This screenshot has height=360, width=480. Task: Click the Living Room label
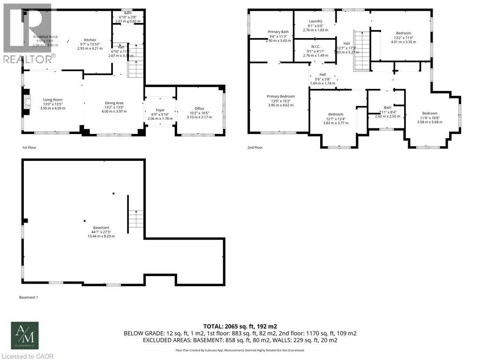click(x=52, y=99)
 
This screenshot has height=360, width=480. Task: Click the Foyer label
click(x=160, y=110)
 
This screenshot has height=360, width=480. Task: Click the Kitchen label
click(x=90, y=40)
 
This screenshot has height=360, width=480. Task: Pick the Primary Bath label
click(x=278, y=32)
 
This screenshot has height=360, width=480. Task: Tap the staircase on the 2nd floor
click(x=361, y=51)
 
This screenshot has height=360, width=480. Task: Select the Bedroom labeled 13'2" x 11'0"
click(x=403, y=33)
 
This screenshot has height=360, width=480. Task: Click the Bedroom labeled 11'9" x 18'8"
click(x=429, y=113)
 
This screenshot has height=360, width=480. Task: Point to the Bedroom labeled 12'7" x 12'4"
click(x=336, y=114)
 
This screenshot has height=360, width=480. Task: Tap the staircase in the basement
click(x=136, y=219)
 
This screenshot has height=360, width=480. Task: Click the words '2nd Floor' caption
click(x=255, y=148)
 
